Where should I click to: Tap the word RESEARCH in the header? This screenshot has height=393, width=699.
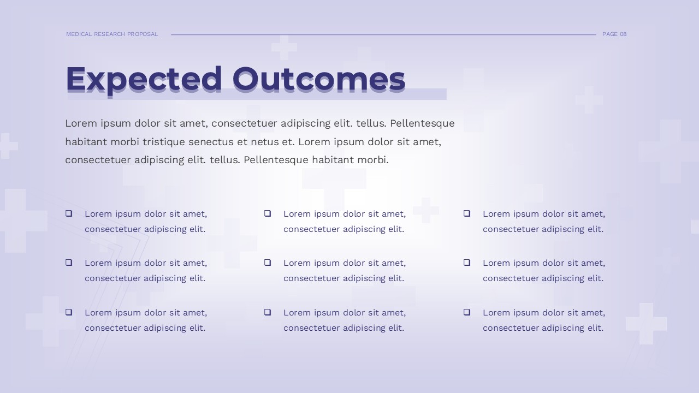(110, 34)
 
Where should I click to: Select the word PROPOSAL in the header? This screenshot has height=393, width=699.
(143, 34)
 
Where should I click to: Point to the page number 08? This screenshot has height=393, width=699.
(623, 34)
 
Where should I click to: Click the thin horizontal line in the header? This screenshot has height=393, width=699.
(382, 34)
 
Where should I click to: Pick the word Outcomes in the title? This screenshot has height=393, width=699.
(319, 80)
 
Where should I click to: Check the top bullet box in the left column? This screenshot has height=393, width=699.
(69, 213)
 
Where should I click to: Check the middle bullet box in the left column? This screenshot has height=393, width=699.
(69, 263)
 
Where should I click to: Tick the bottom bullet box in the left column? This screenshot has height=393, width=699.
(69, 312)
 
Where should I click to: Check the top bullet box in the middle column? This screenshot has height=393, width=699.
(268, 213)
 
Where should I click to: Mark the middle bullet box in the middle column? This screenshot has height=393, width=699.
(268, 263)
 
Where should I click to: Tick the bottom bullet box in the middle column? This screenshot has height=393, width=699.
(268, 312)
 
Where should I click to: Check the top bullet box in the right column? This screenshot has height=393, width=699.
(467, 213)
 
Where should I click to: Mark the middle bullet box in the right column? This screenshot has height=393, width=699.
(467, 263)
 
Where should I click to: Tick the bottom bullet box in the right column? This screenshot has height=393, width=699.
(467, 312)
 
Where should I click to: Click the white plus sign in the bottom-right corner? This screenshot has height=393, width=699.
(646, 323)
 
